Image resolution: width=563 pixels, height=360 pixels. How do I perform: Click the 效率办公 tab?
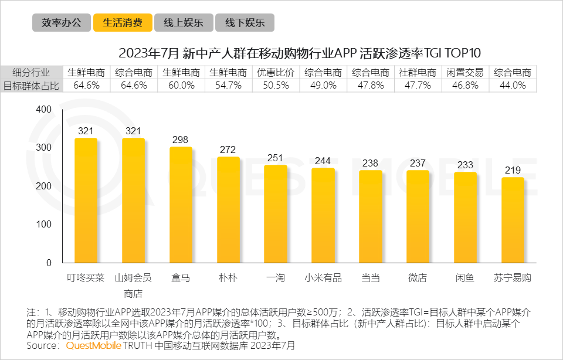62,23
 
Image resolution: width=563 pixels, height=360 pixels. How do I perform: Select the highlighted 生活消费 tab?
123,23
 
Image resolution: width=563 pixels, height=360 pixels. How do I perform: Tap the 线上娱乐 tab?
184,23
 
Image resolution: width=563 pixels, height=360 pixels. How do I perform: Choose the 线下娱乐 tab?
245,23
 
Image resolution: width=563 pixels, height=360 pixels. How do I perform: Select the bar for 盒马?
181,205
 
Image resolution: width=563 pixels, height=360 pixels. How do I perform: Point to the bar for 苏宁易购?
513,220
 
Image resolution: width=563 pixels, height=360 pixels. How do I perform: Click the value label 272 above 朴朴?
228,150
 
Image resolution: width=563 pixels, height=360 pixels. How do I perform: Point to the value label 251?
276,158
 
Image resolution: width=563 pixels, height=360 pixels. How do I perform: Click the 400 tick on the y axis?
44,110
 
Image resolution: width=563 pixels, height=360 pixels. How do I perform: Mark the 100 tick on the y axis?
44,225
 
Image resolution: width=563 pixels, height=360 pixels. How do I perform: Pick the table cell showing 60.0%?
181,85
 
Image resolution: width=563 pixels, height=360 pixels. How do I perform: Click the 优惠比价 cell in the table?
276,73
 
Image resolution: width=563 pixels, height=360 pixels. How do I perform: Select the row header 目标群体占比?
30,85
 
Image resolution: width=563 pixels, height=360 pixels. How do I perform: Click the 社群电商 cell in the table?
418,73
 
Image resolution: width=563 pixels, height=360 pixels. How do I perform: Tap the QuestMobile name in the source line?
94,346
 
